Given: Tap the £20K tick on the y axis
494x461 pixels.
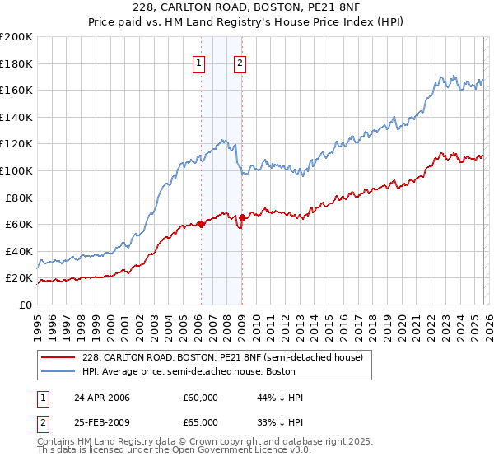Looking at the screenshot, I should (17, 278).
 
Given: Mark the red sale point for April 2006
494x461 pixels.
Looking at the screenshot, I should (201, 224).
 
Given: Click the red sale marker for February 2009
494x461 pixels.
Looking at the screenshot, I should (242, 218).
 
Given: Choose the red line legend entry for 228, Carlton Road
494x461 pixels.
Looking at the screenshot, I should (228, 357).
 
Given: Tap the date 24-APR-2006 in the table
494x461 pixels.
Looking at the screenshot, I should (102, 398).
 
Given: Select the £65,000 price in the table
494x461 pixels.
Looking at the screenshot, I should (200, 424).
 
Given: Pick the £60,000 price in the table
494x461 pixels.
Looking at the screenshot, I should (200, 398).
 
